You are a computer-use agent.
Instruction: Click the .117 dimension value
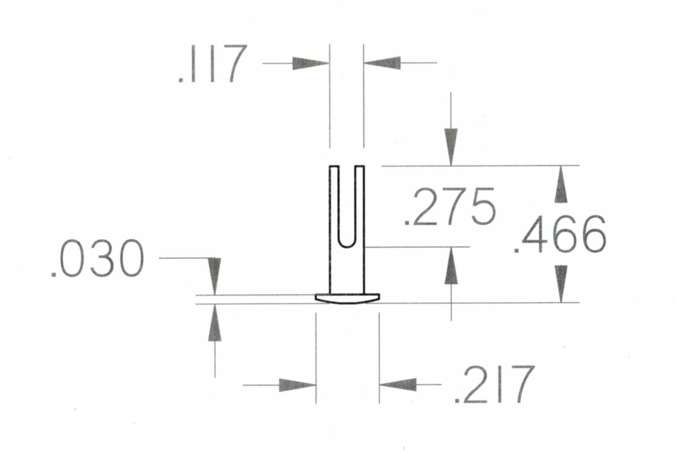coord(213,64)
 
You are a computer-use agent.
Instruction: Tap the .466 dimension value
coord(561,234)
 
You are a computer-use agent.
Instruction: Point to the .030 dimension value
coord(98,260)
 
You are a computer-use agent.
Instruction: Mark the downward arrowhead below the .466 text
coord(561,283)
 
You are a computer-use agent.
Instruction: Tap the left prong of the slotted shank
coord(334,205)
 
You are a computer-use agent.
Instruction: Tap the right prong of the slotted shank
coord(360,205)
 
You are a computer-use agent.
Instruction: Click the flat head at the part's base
coord(347,298)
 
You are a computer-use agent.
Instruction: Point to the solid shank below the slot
coord(347,271)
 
